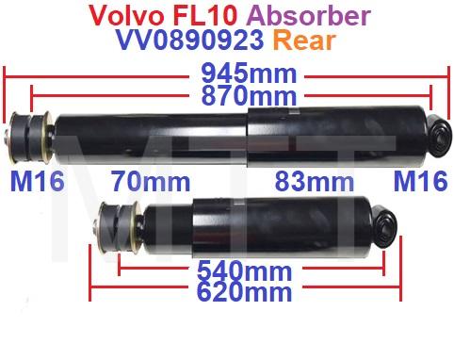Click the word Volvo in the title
[x=127, y=15]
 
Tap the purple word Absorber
[x=306, y=15]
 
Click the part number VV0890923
[x=190, y=40]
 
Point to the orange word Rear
[x=304, y=41]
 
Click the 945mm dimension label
[x=249, y=74]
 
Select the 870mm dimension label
[x=249, y=95]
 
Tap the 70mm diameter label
[x=152, y=181]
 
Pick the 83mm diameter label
[x=315, y=181]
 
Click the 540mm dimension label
[x=245, y=270]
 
